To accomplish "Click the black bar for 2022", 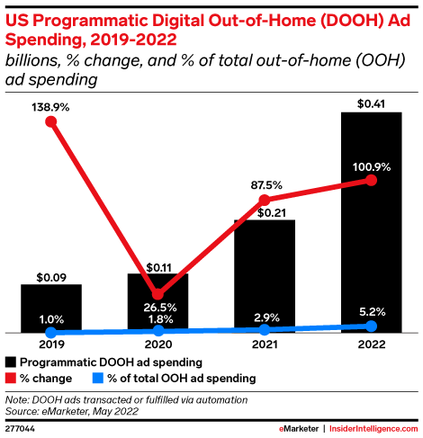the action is tap(372, 222).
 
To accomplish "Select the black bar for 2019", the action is tap(51, 308).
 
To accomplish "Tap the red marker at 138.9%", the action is tap(51, 121).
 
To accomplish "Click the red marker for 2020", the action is tap(157, 294).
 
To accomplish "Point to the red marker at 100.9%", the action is tap(372, 180).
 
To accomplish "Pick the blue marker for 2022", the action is tap(372, 326).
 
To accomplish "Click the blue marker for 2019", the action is tap(51, 332).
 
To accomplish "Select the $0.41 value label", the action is tap(371, 103).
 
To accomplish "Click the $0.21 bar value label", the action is tap(272, 213).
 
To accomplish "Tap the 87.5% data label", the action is tap(266, 185).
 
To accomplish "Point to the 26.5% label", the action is tap(160, 308).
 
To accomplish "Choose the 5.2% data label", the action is tap(373, 312).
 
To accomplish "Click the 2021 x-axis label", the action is tap(265, 344).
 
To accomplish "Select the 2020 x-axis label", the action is tap(158, 344).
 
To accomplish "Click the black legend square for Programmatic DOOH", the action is tap(11, 362).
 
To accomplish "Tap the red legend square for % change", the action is tap(11, 379).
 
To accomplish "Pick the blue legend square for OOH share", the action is tap(97, 379).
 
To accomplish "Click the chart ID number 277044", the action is tap(20, 429).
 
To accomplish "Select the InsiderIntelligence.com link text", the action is tap(373, 429).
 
